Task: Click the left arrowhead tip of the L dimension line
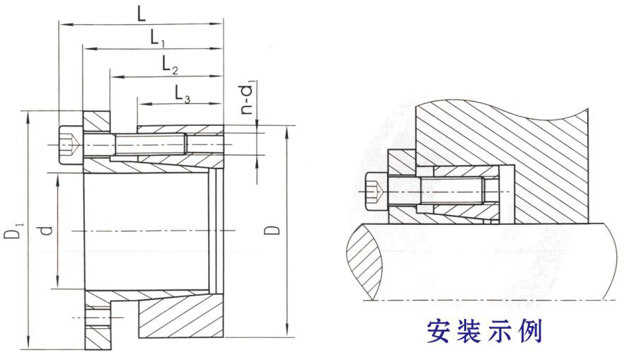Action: click(x=59, y=25)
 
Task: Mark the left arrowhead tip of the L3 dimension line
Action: click(x=138, y=104)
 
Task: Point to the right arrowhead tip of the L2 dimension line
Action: click(x=223, y=76)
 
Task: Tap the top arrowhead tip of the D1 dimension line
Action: click(x=28, y=112)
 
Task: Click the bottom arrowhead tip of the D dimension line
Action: click(x=287, y=336)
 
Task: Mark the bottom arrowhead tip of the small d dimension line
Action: click(x=57, y=288)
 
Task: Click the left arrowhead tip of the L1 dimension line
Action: click(x=83, y=49)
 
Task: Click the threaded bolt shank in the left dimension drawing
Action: click(x=151, y=145)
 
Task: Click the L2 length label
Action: click(x=170, y=64)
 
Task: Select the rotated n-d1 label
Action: click(x=247, y=99)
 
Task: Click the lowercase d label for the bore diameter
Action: click(x=47, y=231)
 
